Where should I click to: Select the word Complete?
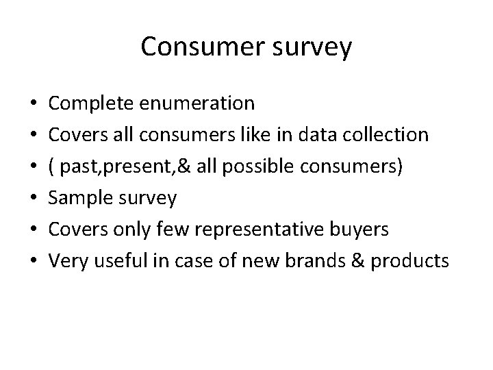click(92, 104)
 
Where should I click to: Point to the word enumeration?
click(197, 104)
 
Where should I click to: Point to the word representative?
click(260, 230)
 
